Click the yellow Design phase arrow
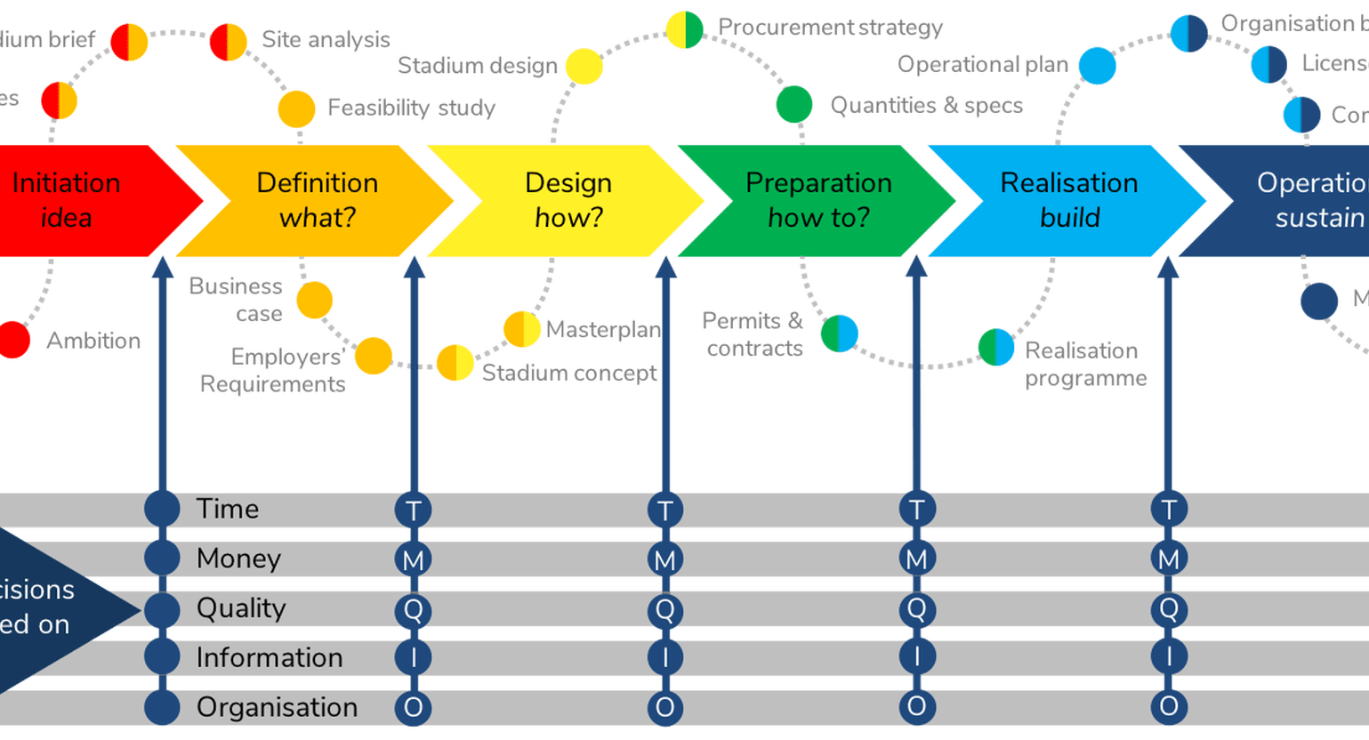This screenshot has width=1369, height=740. [568, 200]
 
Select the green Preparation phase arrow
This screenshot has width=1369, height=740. [817, 200]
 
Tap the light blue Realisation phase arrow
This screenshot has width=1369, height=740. [1068, 200]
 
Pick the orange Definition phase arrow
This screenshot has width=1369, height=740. [317, 200]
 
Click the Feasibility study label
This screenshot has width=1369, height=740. [411, 109]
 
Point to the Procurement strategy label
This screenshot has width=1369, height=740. [830, 28]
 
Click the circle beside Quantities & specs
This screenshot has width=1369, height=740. [793, 105]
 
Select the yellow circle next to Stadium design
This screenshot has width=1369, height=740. [584, 67]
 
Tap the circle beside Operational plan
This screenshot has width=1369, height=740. [1097, 66]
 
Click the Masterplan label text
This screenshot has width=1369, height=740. [603, 330]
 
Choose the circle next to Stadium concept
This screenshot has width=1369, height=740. [455, 363]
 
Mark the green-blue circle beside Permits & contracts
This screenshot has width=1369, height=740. [839, 334]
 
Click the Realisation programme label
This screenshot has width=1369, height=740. [1085, 364]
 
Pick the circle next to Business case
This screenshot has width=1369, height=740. [314, 301]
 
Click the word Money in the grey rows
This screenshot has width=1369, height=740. [238, 559]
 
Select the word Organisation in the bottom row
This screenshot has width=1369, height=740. [277, 707]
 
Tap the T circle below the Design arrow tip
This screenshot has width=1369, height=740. [664, 510]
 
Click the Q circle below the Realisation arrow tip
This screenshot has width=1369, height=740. [1168, 609]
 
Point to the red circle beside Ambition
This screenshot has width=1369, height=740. [13, 339]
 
